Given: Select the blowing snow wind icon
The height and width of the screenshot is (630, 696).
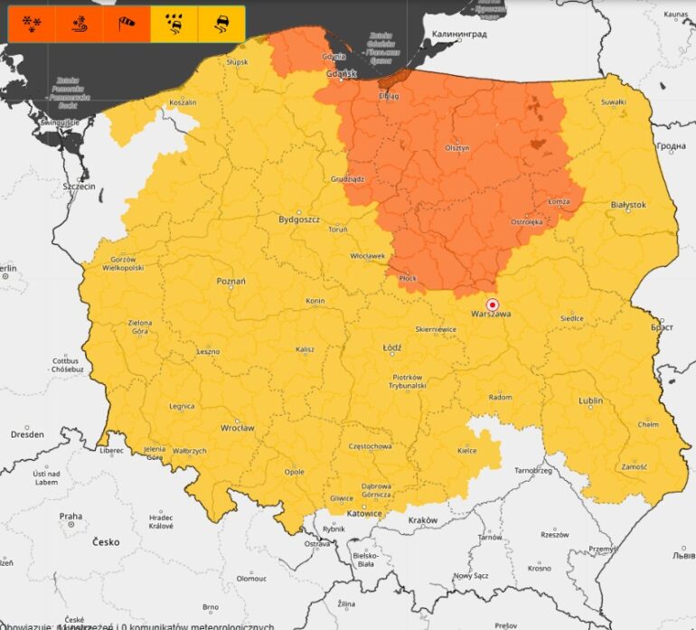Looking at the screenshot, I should point(80,24).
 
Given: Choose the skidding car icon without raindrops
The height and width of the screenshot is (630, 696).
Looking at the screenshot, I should point(221,24).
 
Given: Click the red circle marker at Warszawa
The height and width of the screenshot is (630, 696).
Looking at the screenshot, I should point(493,304).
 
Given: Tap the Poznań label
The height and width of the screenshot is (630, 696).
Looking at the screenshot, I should point(230,281).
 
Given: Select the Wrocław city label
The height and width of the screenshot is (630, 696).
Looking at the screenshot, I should point(237,428).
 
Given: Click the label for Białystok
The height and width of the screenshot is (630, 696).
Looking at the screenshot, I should point(628,205).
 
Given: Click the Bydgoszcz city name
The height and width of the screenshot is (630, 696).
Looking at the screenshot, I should point(299,220).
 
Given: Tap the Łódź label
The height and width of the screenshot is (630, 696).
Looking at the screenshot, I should point(391,346).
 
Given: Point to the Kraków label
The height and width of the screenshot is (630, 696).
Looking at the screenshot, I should point(422,521).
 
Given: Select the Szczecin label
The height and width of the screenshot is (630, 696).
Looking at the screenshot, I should point(79,186).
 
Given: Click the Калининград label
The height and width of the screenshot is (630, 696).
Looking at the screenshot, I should point(459,34).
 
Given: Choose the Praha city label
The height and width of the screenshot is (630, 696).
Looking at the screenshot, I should point(71,517).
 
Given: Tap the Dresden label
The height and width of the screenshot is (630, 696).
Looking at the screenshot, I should point(27,435).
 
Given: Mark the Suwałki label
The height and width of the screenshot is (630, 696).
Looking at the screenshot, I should point(613,102).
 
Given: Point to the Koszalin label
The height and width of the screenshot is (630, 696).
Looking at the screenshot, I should point(183,102).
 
